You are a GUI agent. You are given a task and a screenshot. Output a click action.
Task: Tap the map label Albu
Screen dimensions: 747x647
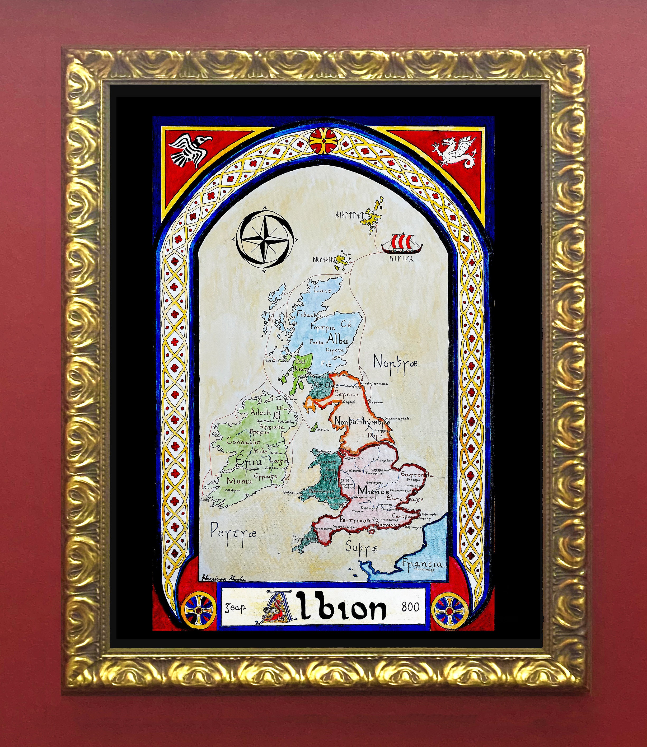pyautogui.click(x=336, y=339)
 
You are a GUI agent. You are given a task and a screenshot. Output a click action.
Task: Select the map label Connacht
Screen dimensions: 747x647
pyautogui.click(x=243, y=441)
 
